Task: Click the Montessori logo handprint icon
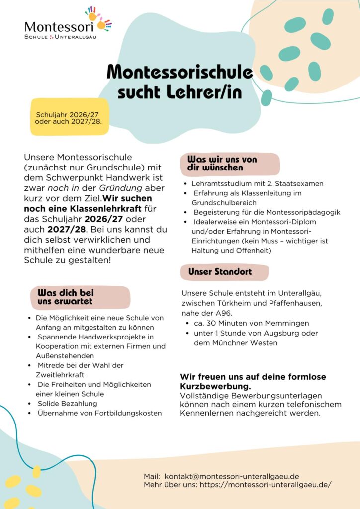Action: pyautogui.click(x=97, y=19)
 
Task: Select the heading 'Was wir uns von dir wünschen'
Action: pyautogui.click(x=222, y=164)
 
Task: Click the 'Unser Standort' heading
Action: pyautogui.click(x=220, y=272)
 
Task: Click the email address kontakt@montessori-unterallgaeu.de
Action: pyautogui.click(x=231, y=476)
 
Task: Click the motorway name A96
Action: pyautogui.click(x=223, y=313)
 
